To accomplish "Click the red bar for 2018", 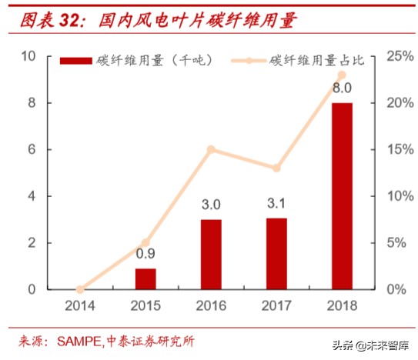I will [x=342, y=195].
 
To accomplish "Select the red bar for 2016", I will [x=211, y=254].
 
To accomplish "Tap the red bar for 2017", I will [x=276, y=253].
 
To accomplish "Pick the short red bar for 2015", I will [x=145, y=278].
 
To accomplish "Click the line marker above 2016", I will [x=211, y=149].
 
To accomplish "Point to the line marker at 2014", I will [x=80, y=289].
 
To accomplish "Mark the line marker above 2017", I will [x=276, y=168].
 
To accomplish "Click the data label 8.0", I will [x=342, y=87].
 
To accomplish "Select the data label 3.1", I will [x=276, y=204].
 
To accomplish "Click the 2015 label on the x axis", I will [x=145, y=307].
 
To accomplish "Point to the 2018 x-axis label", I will [x=342, y=307].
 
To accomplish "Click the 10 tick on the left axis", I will [x=29, y=56].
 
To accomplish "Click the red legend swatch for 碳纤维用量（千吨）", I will [x=76, y=60].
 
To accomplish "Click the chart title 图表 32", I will [x=50, y=19].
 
